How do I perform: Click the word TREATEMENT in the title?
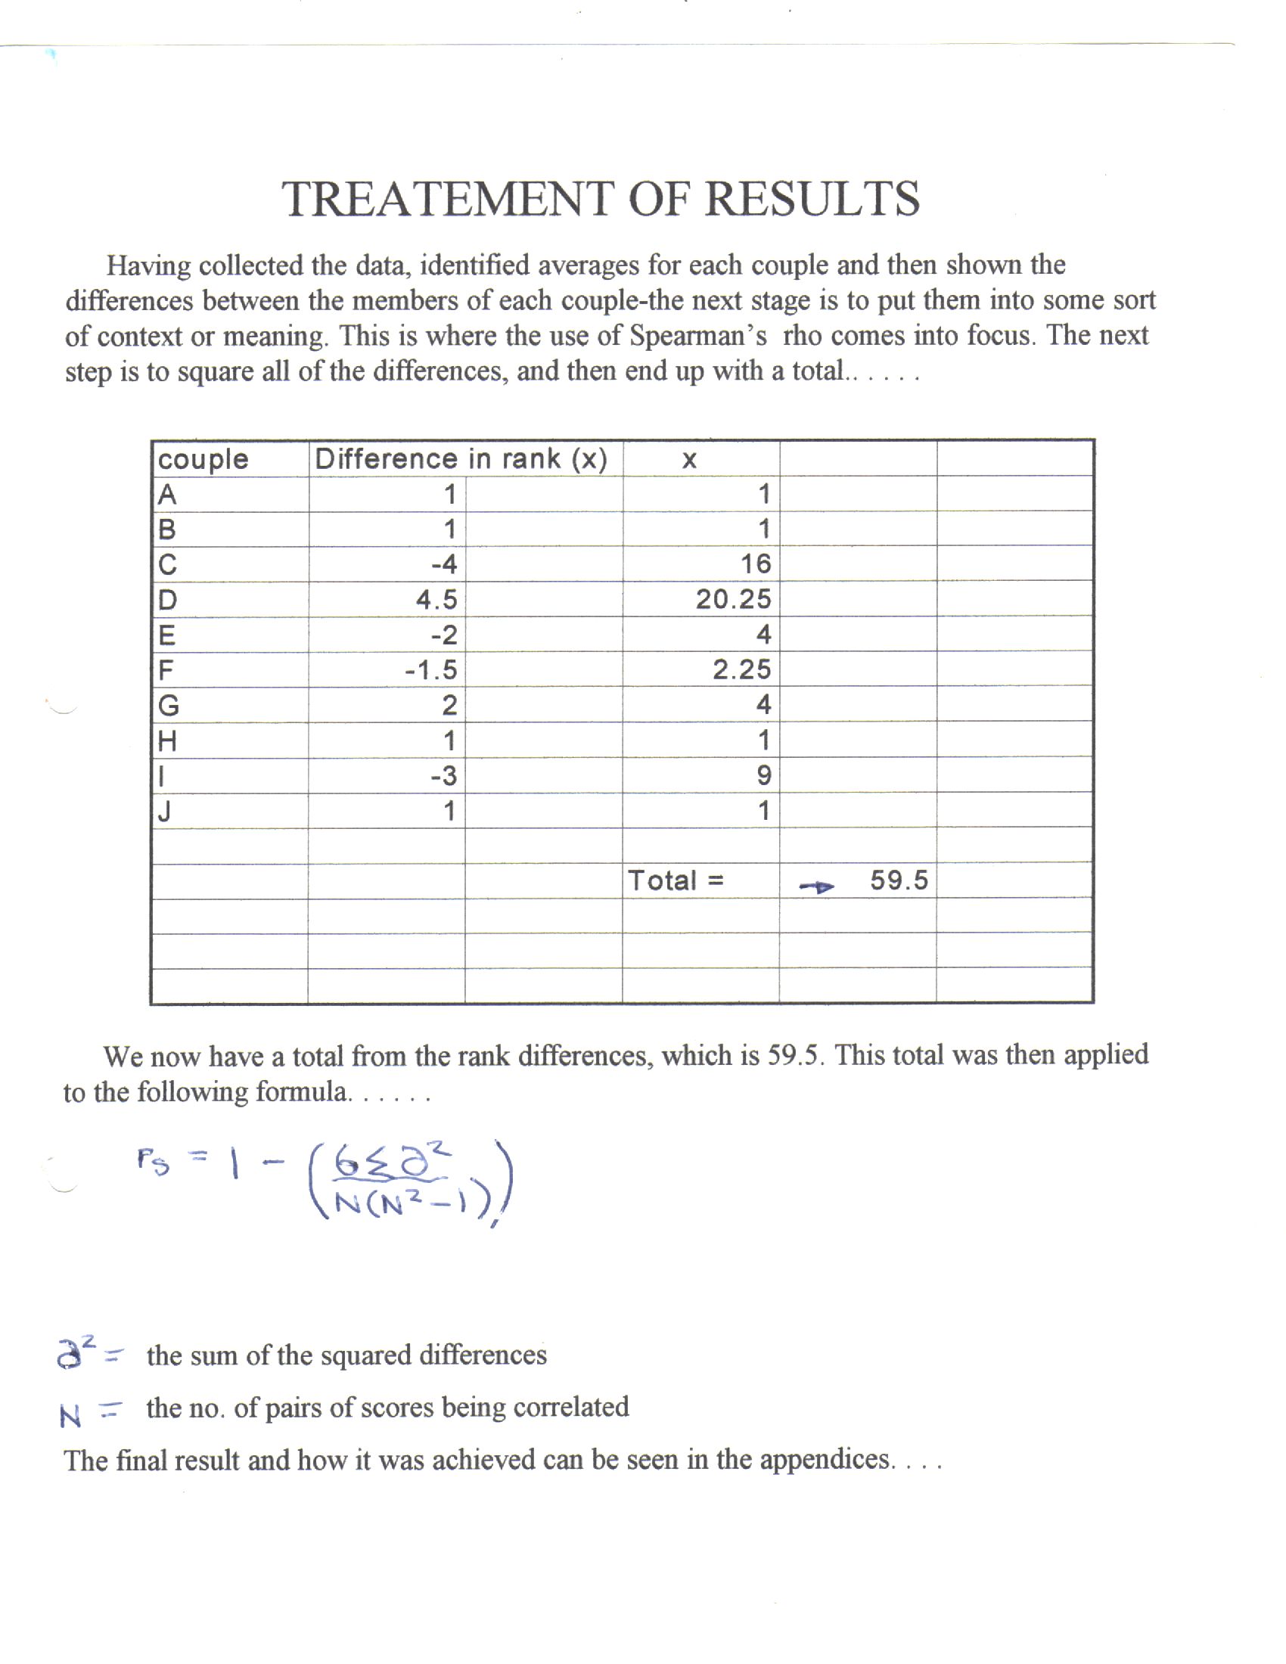(x=446, y=200)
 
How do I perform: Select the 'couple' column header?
(x=203, y=459)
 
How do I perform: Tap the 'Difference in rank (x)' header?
(x=461, y=458)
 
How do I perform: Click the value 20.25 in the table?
(x=733, y=599)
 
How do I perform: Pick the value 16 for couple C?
(x=756, y=563)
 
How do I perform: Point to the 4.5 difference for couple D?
(x=436, y=600)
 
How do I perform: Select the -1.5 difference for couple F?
(x=431, y=669)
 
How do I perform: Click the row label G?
(x=169, y=706)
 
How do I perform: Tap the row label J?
(x=163, y=812)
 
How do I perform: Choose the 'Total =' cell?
(x=676, y=880)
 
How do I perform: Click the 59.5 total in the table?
(x=899, y=880)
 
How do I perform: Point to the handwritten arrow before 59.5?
(x=817, y=886)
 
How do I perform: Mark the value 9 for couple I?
(x=763, y=775)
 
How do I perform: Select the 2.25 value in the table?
(x=741, y=669)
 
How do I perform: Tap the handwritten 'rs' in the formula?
(x=152, y=1161)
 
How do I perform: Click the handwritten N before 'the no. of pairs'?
(x=70, y=1417)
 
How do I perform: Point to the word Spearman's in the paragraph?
(x=697, y=335)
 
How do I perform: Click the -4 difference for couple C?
(x=443, y=564)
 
